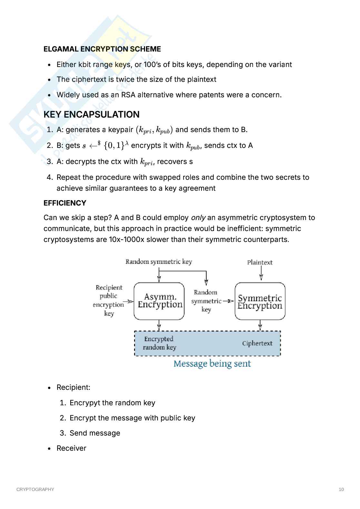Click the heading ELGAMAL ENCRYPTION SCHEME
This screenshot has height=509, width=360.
[x=102, y=49]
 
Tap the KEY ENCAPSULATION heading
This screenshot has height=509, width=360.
[x=92, y=114]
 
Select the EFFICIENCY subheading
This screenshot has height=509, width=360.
[x=65, y=203]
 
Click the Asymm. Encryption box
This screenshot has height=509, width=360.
[x=160, y=301]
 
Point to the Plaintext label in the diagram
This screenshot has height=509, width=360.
[x=260, y=262]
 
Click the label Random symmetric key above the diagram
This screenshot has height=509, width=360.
[x=159, y=262]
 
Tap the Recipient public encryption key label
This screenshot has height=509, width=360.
[x=109, y=300]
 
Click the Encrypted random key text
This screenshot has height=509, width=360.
[x=159, y=343]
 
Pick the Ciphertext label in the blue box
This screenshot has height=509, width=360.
[x=257, y=343]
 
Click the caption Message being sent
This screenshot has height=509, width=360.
[x=212, y=364]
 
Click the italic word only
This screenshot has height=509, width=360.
[x=198, y=217]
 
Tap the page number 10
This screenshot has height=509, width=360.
[x=341, y=489]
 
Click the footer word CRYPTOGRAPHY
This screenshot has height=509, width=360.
[x=35, y=489]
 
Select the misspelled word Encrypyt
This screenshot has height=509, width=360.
[x=83, y=403]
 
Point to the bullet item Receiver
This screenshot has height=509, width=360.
[x=71, y=448]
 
